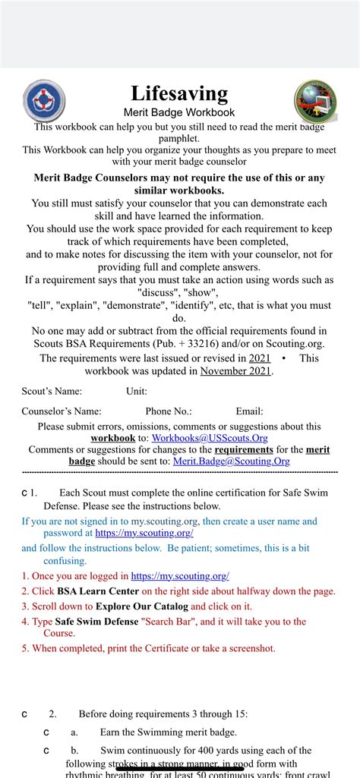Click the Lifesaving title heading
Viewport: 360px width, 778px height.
click(179, 93)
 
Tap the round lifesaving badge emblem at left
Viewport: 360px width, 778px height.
click(44, 101)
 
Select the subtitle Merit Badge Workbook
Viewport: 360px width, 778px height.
click(179, 112)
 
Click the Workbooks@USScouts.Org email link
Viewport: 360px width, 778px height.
click(209, 438)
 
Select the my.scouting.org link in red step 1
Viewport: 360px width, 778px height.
click(180, 576)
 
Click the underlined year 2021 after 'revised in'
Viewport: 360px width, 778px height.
click(259, 358)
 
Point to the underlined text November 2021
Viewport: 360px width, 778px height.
click(235, 370)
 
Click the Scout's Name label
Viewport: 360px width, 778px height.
click(52, 392)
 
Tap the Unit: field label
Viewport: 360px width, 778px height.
click(137, 392)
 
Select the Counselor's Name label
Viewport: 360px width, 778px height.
click(62, 411)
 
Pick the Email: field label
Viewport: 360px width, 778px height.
click(249, 411)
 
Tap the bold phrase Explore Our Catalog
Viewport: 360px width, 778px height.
click(141, 606)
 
